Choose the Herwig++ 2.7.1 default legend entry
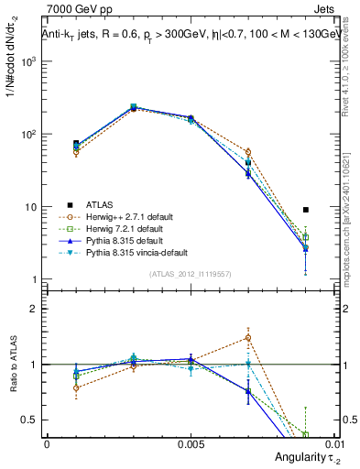point(123,215)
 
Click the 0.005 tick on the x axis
point(190,442)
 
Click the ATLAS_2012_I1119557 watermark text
point(190,274)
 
